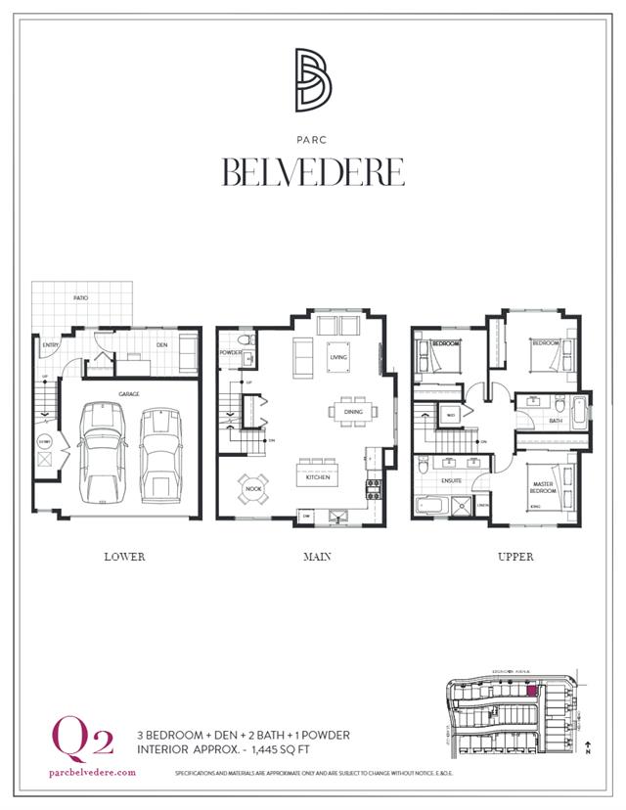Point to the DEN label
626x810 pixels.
[161, 344]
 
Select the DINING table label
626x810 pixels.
[352, 412]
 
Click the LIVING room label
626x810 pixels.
[338, 358]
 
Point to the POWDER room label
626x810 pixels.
[231, 352]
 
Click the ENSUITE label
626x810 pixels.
[451, 480]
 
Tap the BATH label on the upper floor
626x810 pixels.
[556, 421]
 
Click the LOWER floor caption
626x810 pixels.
[124, 557]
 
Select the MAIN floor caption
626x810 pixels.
[317, 557]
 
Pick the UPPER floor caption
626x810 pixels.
[515, 557]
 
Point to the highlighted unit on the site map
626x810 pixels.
[532, 691]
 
